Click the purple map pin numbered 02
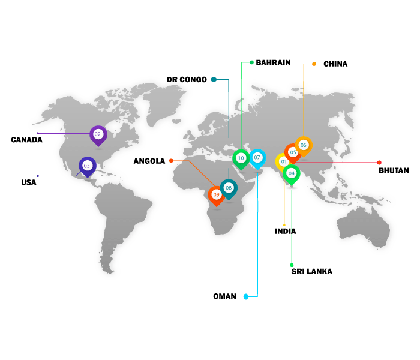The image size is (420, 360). point(98,134)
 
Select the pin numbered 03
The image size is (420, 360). point(87,166)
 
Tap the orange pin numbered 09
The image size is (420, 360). point(216,195)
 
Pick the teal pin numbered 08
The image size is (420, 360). point(229,188)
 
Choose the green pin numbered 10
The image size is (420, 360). point(241,158)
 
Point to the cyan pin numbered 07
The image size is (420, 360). point(257,157)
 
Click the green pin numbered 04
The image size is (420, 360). point(291,173)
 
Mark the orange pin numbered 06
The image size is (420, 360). point(303,145)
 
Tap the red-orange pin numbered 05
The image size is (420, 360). point(293,152)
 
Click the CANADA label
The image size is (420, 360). point(27,140)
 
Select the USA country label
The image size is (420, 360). point(29,182)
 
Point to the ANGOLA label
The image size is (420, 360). point(149,161)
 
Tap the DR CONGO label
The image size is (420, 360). point(187,79)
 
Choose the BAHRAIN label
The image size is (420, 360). point(273,62)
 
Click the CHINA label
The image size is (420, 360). point(335,64)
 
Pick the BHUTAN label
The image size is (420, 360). point(394,170)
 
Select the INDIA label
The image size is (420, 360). point(286,231)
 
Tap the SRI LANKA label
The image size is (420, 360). point(312,271)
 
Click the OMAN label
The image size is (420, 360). point(225,296)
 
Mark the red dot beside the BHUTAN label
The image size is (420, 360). point(379,162)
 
